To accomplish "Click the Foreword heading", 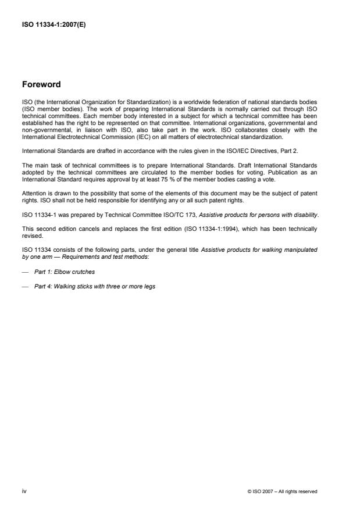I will coord(41,84).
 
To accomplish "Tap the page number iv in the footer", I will coord(24,491).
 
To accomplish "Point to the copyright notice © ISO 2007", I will coord(282,492).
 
